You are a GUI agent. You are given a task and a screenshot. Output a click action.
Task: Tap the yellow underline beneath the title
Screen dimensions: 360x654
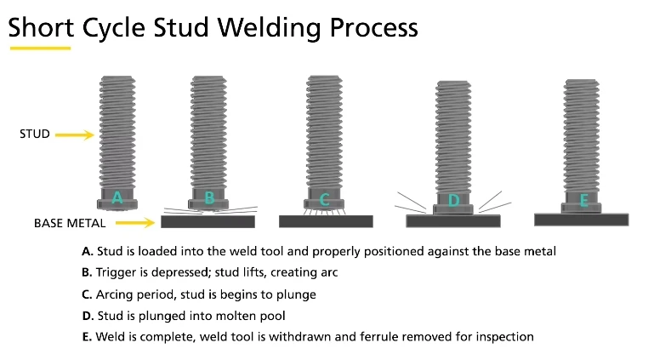(x=39, y=48)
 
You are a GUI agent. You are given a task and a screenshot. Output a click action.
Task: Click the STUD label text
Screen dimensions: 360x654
(x=34, y=134)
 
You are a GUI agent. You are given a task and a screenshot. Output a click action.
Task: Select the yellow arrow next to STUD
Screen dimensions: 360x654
(x=75, y=134)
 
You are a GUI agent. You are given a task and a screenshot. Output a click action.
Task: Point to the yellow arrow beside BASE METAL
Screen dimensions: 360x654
(x=135, y=222)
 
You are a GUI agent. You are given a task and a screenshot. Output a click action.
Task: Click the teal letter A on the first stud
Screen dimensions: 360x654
(x=118, y=198)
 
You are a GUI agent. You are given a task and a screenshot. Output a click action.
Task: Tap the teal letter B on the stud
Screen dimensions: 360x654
(x=209, y=198)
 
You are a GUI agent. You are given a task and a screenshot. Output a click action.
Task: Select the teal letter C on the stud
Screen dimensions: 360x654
(x=325, y=201)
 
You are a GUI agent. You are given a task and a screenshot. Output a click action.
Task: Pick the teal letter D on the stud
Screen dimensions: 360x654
(x=453, y=201)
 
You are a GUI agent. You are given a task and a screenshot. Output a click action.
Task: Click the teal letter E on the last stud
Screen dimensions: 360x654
(x=583, y=201)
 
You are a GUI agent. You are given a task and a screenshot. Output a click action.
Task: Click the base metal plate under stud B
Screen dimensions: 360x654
(x=208, y=221)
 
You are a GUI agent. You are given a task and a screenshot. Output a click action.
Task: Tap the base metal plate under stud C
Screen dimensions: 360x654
(x=326, y=220)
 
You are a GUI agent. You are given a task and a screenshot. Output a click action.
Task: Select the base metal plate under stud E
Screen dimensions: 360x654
(x=582, y=219)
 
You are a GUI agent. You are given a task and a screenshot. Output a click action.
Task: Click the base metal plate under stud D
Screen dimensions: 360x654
(x=452, y=220)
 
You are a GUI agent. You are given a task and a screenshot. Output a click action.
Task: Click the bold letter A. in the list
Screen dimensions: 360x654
(x=87, y=251)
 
